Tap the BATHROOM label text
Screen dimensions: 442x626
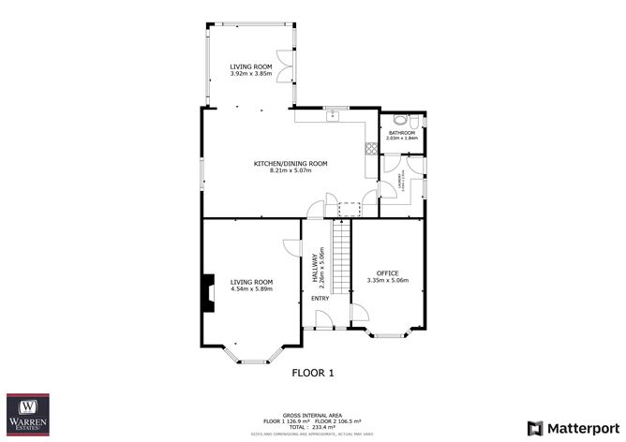(402, 133)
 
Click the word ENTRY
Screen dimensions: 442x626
(320, 299)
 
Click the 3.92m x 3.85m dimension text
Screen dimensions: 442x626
(251, 74)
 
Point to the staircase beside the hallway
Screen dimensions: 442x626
(341, 267)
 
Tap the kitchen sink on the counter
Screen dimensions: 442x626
(331, 115)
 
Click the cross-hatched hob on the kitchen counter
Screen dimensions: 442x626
(371, 146)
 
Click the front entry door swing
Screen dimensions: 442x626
(322, 320)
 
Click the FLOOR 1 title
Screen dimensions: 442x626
(313, 373)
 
